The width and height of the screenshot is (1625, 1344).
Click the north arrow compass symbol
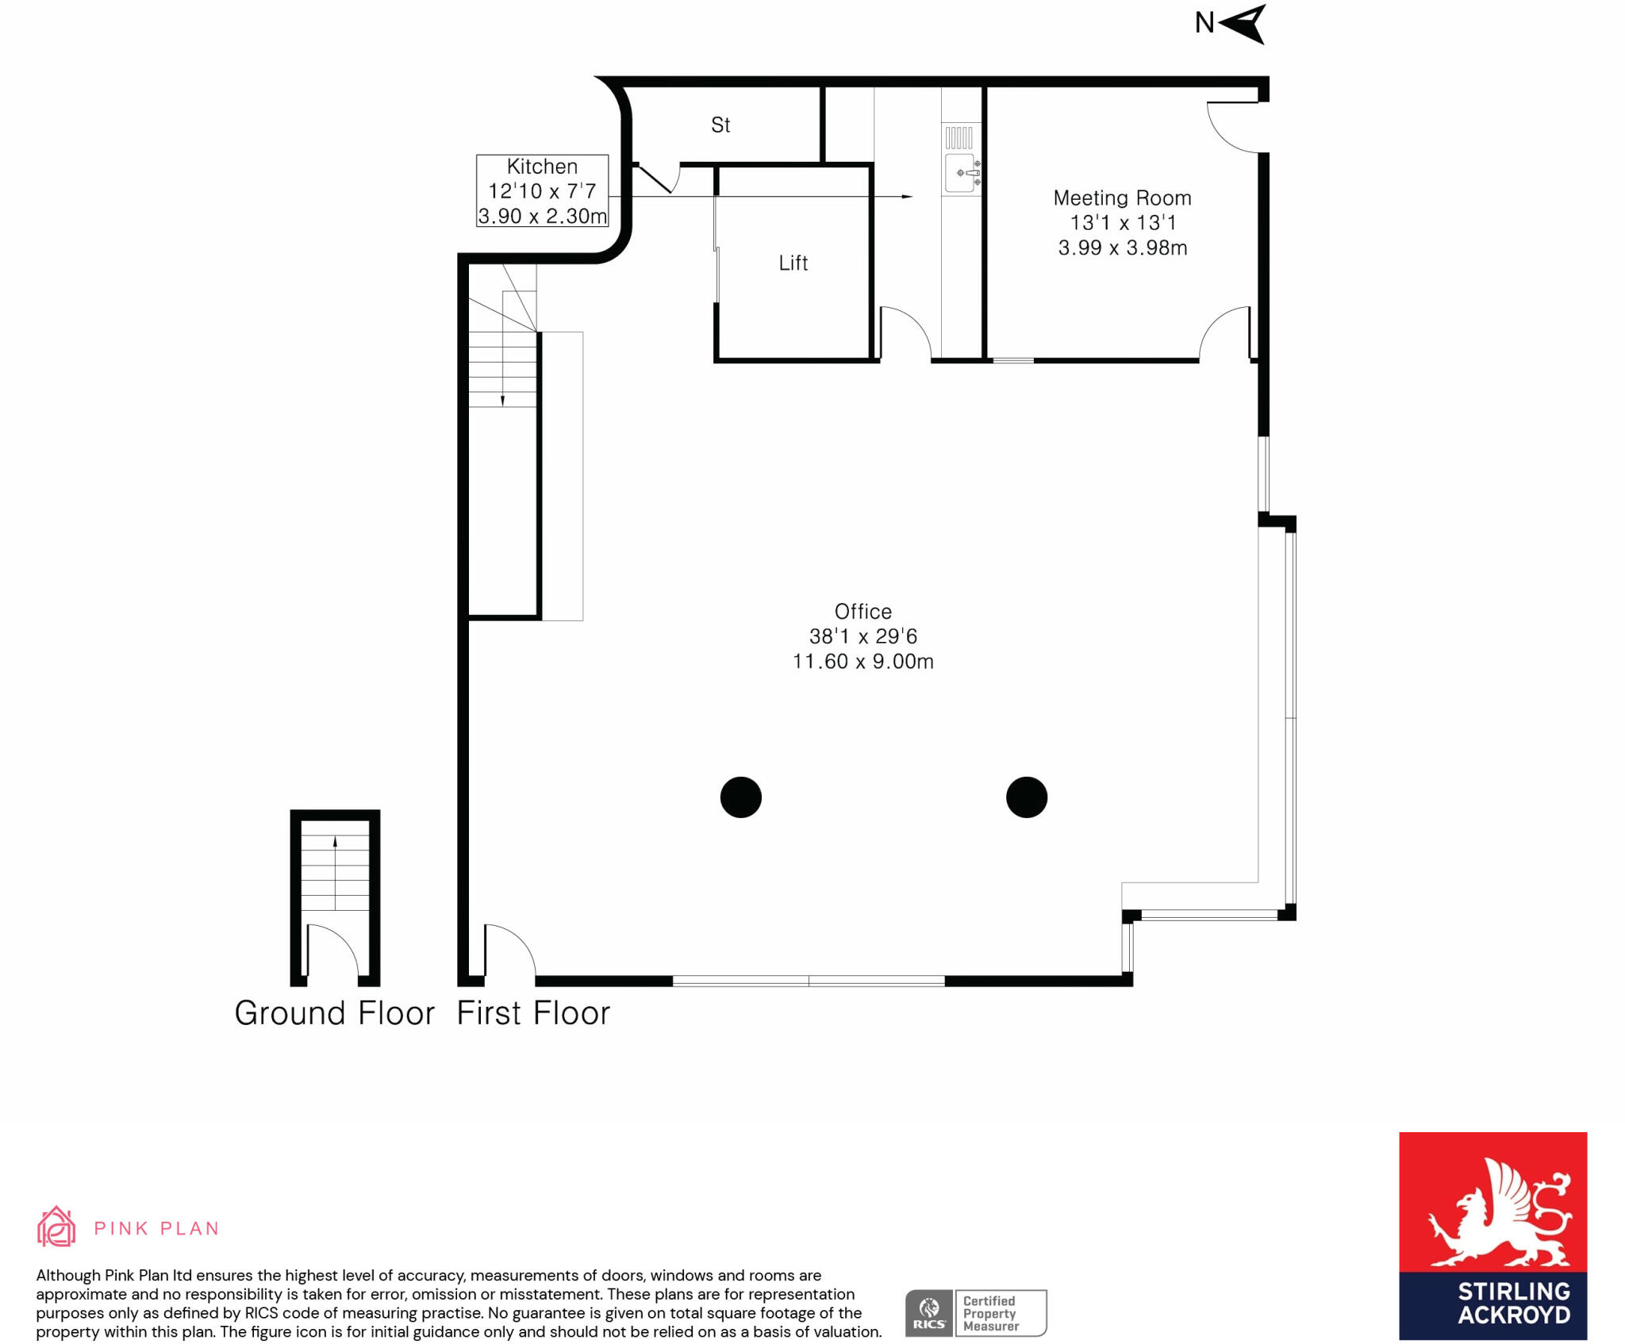1243,24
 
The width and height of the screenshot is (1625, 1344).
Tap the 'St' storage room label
720,125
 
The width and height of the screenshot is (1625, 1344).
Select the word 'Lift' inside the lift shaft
793,263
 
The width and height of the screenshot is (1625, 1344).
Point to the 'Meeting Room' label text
1122,198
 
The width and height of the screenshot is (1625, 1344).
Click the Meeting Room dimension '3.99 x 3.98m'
1122,248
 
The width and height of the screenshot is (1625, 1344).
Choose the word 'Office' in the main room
862,612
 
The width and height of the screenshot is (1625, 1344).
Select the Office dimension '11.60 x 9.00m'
862,662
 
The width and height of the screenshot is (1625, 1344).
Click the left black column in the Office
740,797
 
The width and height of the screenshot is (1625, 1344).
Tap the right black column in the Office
1026,797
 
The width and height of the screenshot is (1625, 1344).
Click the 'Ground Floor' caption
334,1013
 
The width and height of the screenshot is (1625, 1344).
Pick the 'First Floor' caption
533,1013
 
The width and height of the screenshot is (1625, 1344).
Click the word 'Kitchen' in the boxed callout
542,167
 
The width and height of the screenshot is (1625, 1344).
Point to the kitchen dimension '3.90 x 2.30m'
542,216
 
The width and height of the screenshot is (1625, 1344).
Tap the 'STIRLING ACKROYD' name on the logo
1513,1304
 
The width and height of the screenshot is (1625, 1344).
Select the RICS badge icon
928,1313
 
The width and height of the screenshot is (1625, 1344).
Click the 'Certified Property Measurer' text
991,1313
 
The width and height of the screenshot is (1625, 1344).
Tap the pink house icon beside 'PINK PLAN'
56,1227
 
